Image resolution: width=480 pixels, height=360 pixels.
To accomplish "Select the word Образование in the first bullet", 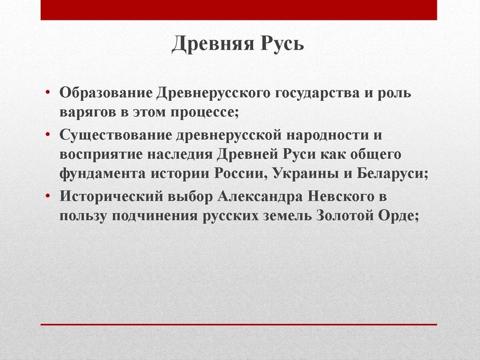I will pos(106,95).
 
